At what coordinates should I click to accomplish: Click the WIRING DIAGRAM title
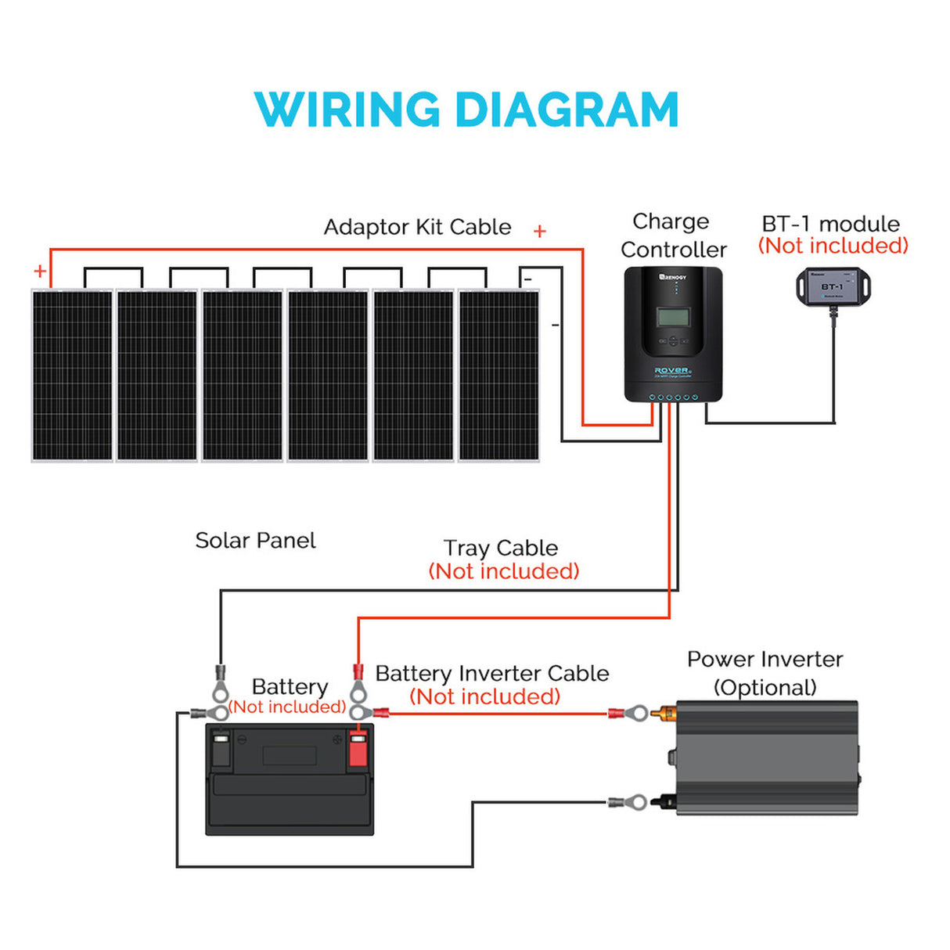[x=466, y=110]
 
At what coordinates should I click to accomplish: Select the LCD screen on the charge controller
[x=673, y=317]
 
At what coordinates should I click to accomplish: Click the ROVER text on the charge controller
[x=671, y=370]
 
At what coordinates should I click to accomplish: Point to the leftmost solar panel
[x=72, y=376]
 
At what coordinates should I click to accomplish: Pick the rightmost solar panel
[x=498, y=376]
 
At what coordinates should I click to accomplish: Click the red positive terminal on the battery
[x=358, y=750]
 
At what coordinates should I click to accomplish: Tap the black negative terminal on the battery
[x=221, y=750]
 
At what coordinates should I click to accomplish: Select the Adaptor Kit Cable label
[x=417, y=227]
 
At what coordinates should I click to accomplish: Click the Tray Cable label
[x=501, y=548]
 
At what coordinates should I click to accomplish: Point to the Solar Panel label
[x=255, y=541]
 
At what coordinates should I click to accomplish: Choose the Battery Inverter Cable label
[x=491, y=674]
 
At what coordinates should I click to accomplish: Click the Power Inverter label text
[x=765, y=660]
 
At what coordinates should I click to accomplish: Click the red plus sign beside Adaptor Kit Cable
[x=540, y=231]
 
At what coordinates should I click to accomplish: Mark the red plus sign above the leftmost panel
[x=40, y=272]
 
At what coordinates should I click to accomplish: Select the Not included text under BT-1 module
[x=833, y=246]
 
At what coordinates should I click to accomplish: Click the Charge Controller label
[x=673, y=236]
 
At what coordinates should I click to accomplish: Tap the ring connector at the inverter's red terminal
[x=638, y=713]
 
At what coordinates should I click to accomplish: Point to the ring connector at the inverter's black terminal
[x=638, y=802]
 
